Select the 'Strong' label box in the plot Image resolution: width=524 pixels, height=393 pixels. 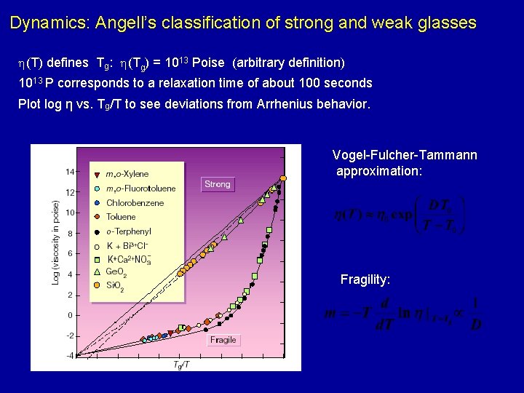(x=217, y=184)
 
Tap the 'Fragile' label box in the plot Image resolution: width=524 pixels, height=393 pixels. (x=223, y=340)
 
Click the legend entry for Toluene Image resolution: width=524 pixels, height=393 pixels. (x=121, y=217)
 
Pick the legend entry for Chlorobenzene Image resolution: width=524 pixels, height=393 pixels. (x=135, y=203)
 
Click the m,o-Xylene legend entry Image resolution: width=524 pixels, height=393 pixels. (x=127, y=174)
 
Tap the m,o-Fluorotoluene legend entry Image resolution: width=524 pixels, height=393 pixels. (x=140, y=188)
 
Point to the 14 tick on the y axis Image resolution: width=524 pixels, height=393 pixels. (x=70, y=172)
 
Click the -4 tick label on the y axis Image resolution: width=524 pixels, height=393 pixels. (x=69, y=356)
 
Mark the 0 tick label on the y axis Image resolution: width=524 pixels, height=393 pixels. (x=71, y=315)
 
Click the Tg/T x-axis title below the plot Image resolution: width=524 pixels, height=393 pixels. (x=182, y=365)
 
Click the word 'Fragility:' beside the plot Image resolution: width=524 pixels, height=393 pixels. (x=365, y=279)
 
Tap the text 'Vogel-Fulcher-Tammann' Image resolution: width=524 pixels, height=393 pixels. (x=405, y=155)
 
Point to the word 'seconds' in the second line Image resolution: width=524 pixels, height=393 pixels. (x=347, y=83)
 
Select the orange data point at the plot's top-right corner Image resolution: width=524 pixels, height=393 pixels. (x=284, y=177)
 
